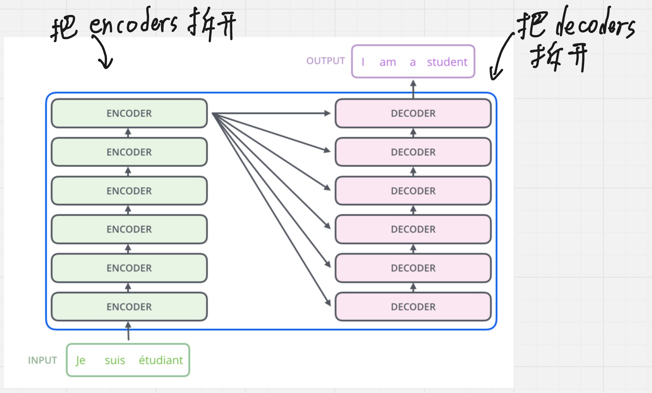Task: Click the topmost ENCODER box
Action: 129,113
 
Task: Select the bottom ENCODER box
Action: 129,307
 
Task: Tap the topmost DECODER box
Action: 413,113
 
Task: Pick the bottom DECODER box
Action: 413,307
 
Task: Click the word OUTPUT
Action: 326,61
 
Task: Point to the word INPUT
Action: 42,360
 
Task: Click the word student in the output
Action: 447,62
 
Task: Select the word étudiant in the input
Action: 161,360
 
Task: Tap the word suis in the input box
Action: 115,360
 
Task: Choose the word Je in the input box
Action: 80,361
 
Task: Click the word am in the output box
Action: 388,63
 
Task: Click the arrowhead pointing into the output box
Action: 413,84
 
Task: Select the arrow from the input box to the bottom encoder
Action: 128,331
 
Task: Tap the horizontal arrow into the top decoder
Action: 271,113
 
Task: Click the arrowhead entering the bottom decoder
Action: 328,302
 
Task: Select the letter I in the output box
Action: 363,62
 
